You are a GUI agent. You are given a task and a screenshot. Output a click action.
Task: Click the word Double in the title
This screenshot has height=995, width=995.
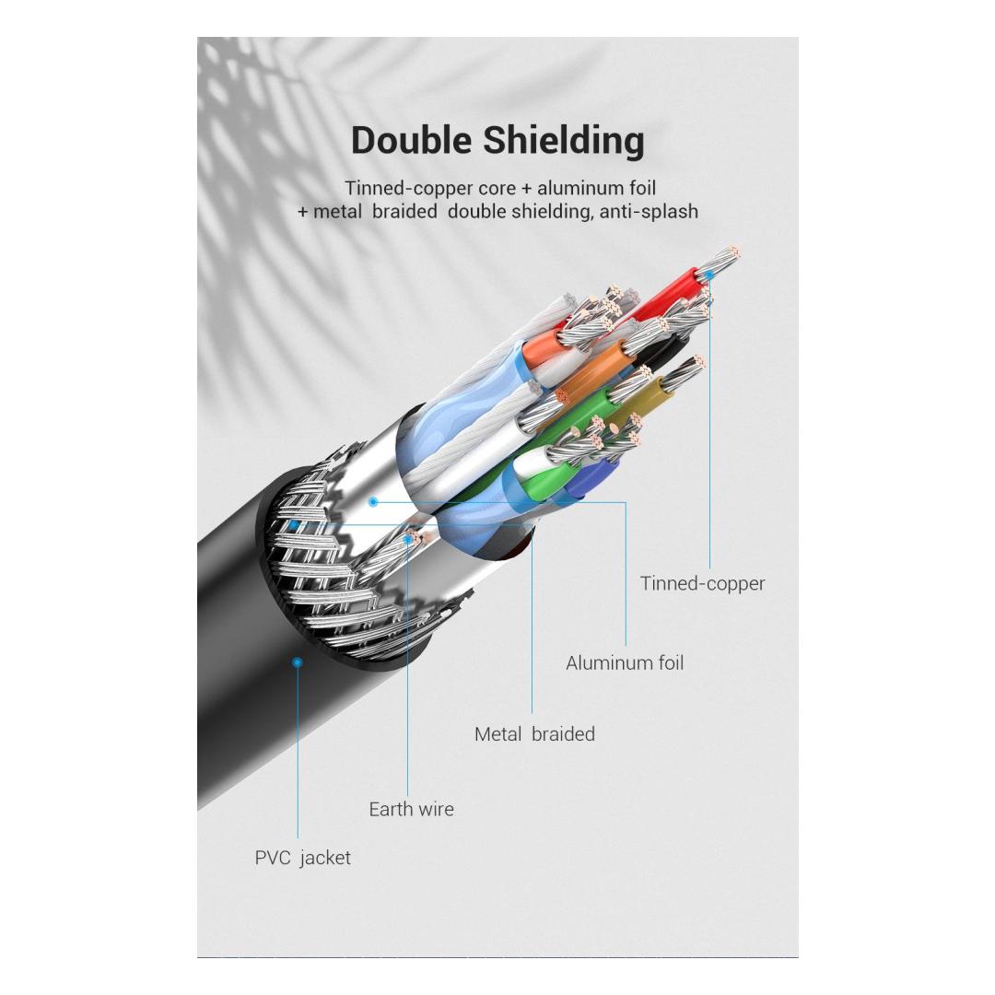click(412, 141)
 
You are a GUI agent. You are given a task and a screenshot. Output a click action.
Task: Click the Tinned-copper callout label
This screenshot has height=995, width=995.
click(702, 583)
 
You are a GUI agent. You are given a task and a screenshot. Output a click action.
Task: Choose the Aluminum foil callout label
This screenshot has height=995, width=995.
click(625, 662)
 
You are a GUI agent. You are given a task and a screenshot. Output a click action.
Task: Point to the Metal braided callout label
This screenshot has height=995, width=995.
click(534, 734)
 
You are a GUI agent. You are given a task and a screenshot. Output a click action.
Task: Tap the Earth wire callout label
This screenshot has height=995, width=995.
click(411, 809)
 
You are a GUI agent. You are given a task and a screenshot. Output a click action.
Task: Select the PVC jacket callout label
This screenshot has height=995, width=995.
click(302, 858)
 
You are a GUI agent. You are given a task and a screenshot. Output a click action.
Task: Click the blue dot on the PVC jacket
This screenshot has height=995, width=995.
click(297, 661)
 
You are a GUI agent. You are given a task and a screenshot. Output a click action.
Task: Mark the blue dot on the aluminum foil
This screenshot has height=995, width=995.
click(373, 501)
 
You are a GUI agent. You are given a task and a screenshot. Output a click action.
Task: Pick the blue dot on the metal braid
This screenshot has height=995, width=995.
click(293, 525)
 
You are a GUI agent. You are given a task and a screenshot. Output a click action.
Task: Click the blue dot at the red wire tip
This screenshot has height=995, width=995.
click(710, 275)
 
